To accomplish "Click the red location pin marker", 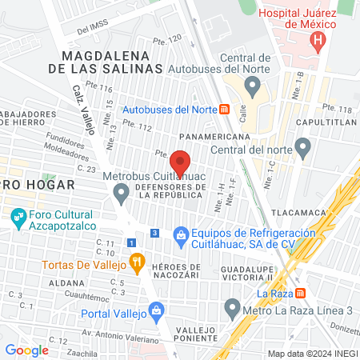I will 182,162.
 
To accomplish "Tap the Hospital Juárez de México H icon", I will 319,39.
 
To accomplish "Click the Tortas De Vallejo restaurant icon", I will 138,260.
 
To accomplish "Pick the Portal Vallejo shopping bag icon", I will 157,310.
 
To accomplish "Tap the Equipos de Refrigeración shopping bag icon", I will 182,234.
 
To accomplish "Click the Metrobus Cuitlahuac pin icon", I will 122,192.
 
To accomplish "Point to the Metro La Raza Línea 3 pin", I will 233,306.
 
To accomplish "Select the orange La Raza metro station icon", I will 301,292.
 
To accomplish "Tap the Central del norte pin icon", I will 302,146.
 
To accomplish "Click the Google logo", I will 27,350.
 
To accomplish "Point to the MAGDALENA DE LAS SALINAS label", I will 112,62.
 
